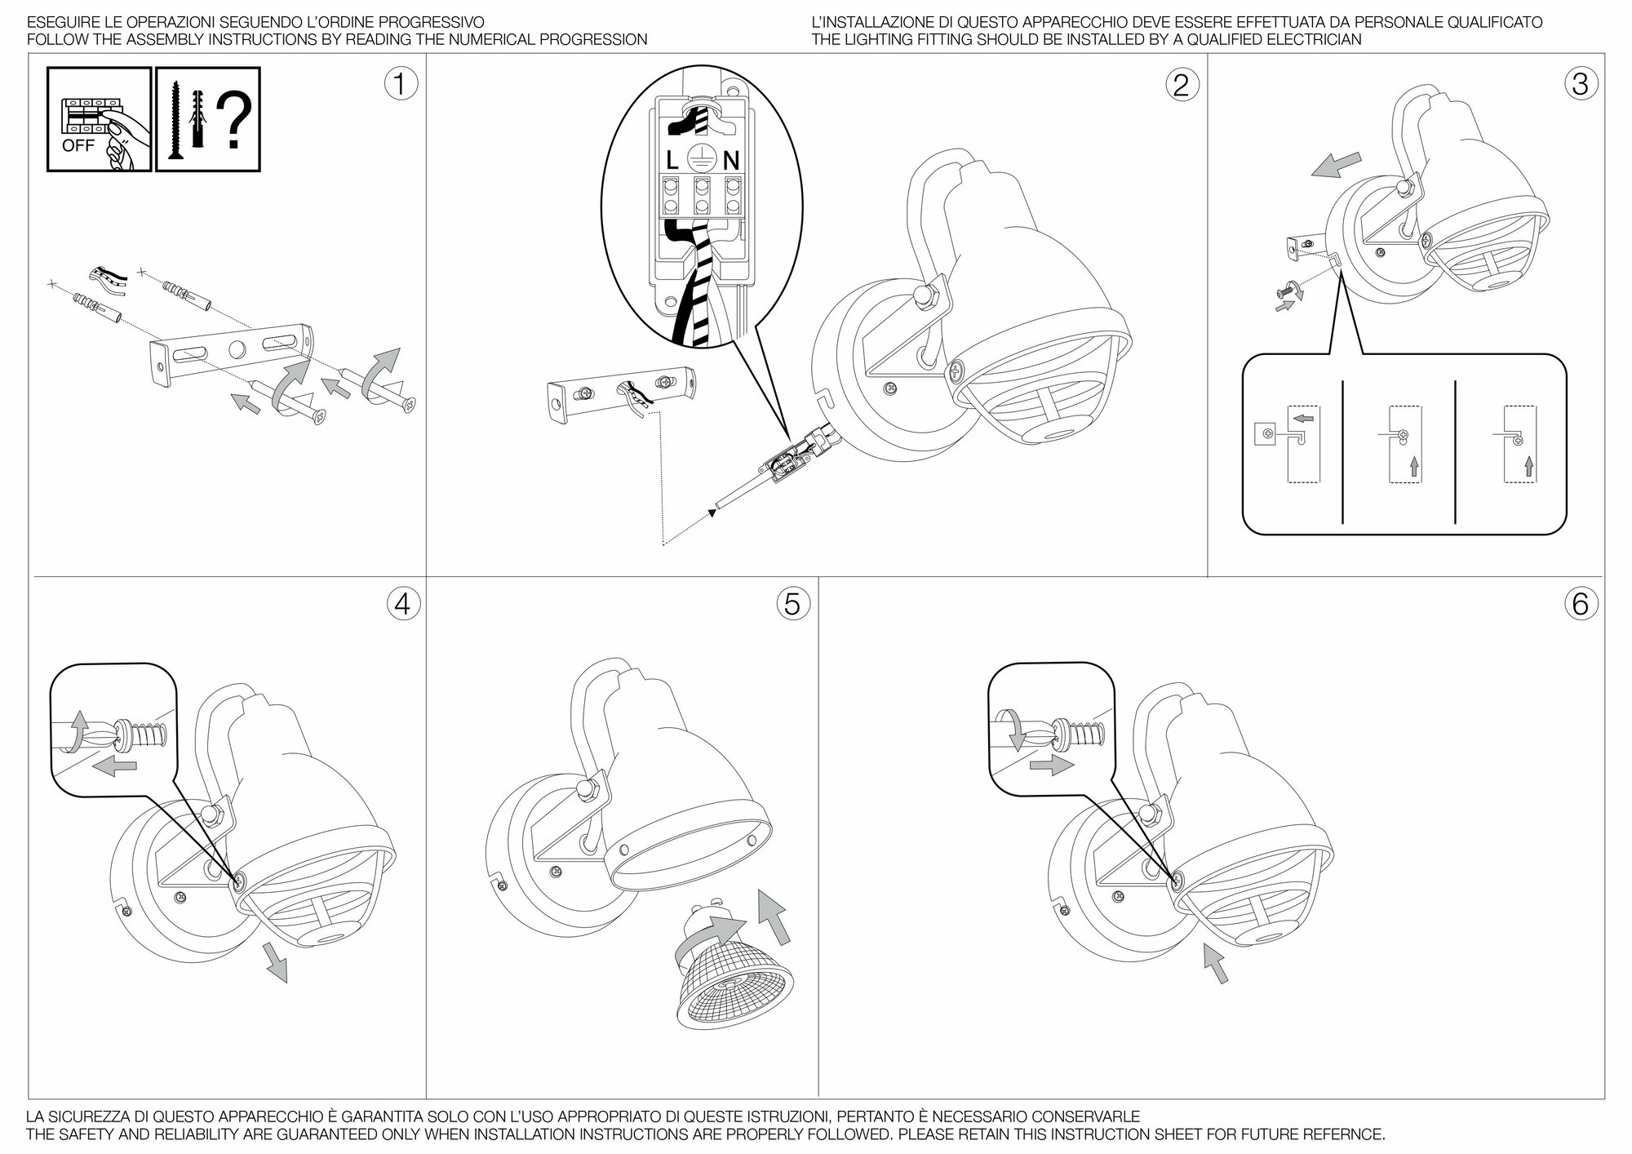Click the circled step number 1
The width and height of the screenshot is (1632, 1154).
tap(400, 84)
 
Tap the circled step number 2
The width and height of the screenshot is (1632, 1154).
tap(1181, 84)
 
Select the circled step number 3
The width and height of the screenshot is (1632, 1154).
tap(1580, 84)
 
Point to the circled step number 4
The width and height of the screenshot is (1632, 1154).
tap(401, 604)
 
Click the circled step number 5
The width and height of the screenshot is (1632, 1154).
tap(792, 604)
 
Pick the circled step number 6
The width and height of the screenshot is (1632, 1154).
tap(1580, 604)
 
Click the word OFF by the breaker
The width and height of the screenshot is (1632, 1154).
tap(78, 146)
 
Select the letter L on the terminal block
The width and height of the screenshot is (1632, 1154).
tap(672, 162)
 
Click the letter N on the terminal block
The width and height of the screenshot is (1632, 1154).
tap(730, 162)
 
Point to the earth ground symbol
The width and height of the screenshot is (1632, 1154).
tap(701, 157)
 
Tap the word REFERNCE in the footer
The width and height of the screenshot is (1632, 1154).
tap(1342, 1134)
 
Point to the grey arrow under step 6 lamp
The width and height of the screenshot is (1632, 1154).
tap(1215, 963)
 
